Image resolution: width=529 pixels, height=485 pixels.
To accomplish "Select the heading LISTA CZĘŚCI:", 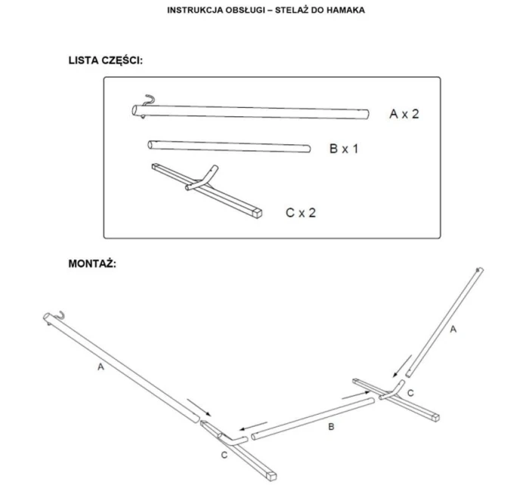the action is pyautogui.click(x=106, y=60).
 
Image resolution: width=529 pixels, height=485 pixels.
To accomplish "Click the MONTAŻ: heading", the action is pyautogui.click(x=92, y=264).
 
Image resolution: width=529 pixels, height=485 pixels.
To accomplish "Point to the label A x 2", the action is pyautogui.click(x=404, y=114).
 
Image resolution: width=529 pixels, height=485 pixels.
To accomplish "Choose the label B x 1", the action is pyautogui.click(x=344, y=148).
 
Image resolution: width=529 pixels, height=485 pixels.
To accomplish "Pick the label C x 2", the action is pyautogui.click(x=301, y=213).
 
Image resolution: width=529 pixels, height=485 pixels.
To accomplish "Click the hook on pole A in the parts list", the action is pyautogui.click(x=148, y=100).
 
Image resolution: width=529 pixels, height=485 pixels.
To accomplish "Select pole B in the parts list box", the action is pyautogui.click(x=229, y=147).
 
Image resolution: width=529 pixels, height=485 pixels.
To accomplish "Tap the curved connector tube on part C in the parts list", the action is pyautogui.click(x=202, y=178).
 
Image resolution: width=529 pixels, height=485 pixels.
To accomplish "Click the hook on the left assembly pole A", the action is pyautogui.click(x=59, y=315).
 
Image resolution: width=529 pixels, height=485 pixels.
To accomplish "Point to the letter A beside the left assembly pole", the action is pyautogui.click(x=101, y=366).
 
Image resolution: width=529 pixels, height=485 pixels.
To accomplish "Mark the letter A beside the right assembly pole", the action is pyautogui.click(x=453, y=329).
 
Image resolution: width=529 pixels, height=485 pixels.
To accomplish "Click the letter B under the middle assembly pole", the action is pyautogui.click(x=331, y=427).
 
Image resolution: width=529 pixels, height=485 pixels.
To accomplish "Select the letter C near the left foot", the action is pyautogui.click(x=224, y=456).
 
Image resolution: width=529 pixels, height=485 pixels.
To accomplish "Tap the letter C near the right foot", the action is pyautogui.click(x=410, y=393).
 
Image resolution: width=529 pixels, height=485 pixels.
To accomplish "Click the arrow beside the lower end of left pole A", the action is pyautogui.click(x=199, y=408).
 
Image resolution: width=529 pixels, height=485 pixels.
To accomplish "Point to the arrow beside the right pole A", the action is pyautogui.click(x=402, y=366).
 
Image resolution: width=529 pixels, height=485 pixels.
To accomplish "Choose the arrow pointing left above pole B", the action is pyautogui.click(x=253, y=426).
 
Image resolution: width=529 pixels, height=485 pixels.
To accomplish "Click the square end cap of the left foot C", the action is pyautogui.click(x=271, y=476).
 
